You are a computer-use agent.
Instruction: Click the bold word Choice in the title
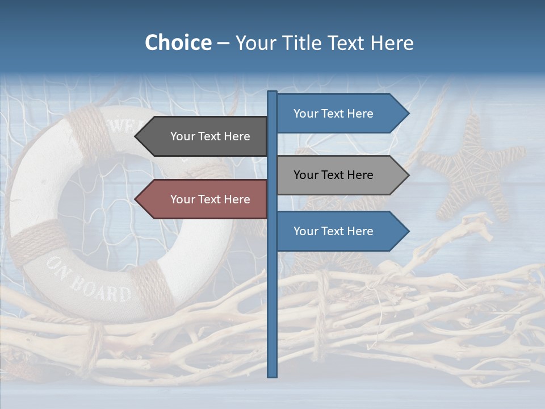(178, 43)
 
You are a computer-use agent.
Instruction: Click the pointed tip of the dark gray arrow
(137, 136)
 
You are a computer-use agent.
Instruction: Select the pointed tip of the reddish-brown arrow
(137, 199)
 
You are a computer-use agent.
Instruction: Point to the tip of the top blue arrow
(407, 114)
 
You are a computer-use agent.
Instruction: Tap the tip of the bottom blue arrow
(407, 231)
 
